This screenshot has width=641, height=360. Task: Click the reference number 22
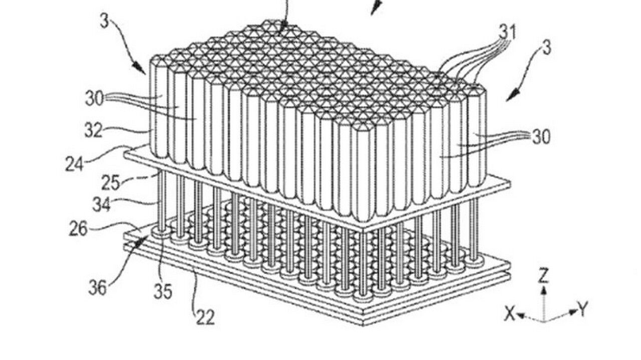click(x=205, y=316)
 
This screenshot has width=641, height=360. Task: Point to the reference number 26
click(x=78, y=229)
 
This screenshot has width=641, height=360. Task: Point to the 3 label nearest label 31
click(x=546, y=49)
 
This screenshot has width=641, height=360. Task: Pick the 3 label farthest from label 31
click(x=105, y=22)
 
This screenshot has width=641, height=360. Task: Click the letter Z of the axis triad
click(x=543, y=275)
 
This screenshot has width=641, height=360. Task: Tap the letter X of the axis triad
click(x=509, y=314)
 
